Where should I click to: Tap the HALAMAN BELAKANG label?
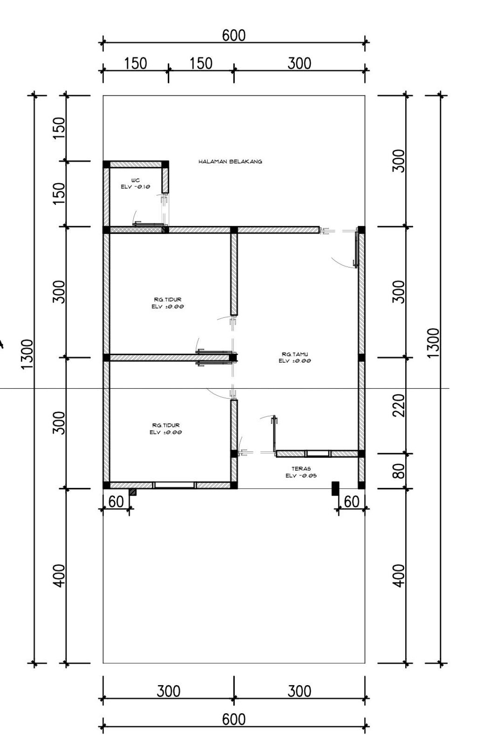230,162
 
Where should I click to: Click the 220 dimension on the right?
399,405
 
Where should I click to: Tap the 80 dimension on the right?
399,471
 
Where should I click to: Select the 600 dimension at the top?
233,35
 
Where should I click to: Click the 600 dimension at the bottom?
233,719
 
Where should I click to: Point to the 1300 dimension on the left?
27,354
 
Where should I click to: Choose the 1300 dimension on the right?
433,343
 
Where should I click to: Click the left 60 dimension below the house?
116,502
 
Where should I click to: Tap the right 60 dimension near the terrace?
352,502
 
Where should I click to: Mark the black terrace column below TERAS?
334,488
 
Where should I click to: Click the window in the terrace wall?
317,454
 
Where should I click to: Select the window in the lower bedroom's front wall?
175,485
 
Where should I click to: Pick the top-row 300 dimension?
299,63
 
